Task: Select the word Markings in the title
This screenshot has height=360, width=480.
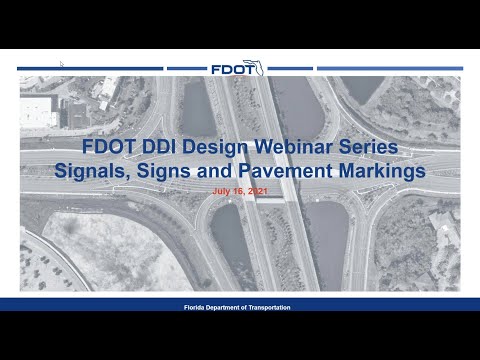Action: pos(383,171)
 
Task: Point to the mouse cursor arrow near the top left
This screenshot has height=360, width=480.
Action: pos(61,63)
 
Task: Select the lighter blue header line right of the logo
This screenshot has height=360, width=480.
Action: pos(360,68)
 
